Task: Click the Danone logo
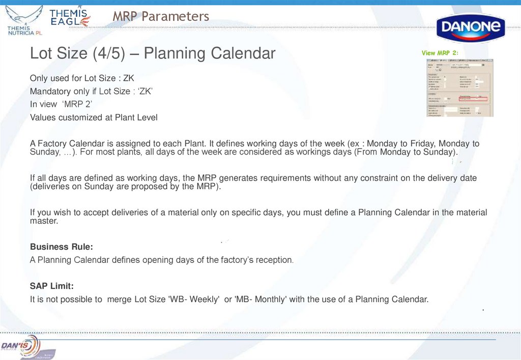coord(471,28)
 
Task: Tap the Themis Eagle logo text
coord(70,17)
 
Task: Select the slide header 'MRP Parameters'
coord(161,17)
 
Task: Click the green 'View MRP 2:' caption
coord(440,53)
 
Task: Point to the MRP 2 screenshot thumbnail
coord(459,87)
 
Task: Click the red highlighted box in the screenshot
coord(473,99)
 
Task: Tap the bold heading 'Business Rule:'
coord(61,247)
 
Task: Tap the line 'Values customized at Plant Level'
coord(94,117)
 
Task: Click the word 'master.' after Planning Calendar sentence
coord(44,221)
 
